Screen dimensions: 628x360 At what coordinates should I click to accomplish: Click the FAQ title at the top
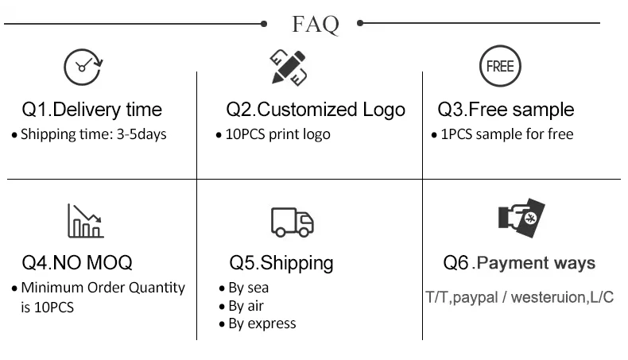(316, 24)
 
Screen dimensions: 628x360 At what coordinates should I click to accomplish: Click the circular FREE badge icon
(499, 66)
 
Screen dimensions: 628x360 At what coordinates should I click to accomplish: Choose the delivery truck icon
(292, 222)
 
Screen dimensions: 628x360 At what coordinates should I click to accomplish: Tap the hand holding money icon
(521, 220)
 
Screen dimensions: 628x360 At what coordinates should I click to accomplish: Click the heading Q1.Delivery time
(91, 110)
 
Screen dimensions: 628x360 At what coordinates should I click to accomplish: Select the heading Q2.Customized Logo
(316, 110)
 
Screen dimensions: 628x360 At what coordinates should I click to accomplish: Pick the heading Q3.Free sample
(506, 110)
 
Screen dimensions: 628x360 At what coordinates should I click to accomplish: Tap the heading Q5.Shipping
(281, 262)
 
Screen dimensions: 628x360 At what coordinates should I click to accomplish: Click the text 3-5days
(141, 134)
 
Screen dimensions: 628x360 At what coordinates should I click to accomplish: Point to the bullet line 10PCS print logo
(277, 134)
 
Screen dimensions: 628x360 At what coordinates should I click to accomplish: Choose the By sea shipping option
(248, 288)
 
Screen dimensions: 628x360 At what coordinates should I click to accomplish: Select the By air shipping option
(246, 306)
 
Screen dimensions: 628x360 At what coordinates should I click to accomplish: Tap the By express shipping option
(262, 323)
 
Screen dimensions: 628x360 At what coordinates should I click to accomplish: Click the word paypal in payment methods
(475, 298)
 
